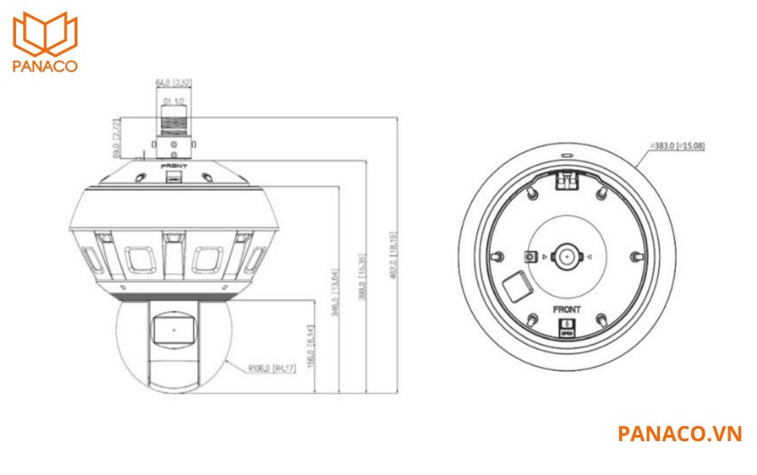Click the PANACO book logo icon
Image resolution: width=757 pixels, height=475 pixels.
[45, 34]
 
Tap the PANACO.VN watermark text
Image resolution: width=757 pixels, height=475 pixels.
[679, 433]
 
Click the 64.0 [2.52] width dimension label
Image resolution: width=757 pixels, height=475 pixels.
[174, 83]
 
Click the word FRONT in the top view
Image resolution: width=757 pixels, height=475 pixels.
[566, 308]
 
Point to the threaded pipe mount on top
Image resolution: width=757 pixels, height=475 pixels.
[173, 118]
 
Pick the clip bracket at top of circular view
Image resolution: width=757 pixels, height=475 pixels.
[566, 181]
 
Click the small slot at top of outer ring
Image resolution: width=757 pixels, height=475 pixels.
[566, 153]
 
